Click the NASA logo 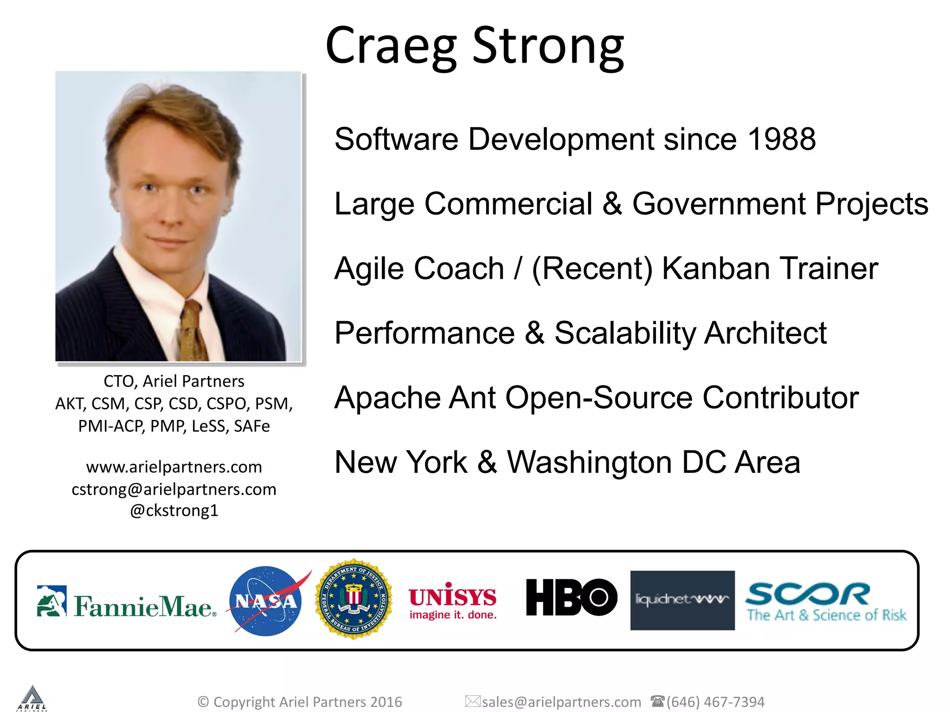point(265,601)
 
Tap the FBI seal point(354,599)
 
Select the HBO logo point(571,598)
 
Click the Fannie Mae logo point(127,602)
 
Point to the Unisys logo point(453,601)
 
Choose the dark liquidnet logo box point(682,600)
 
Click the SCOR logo point(826,602)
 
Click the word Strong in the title point(548,46)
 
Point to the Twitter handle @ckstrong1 point(174,510)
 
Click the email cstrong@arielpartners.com point(174,489)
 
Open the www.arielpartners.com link point(174,467)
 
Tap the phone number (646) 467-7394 point(715,702)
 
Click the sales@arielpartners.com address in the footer point(561,702)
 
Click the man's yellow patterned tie point(192,331)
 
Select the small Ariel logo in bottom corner point(32,698)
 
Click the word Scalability point(624,333)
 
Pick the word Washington point(589,462)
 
